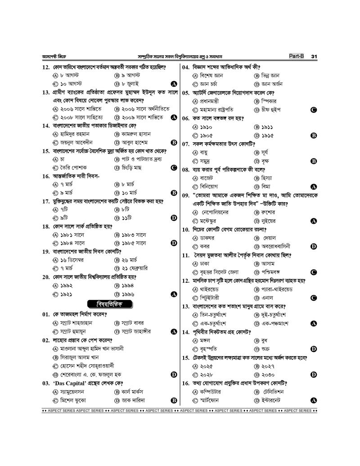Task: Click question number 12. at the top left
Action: pos(45,67)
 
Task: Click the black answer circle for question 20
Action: pos(173,294)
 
